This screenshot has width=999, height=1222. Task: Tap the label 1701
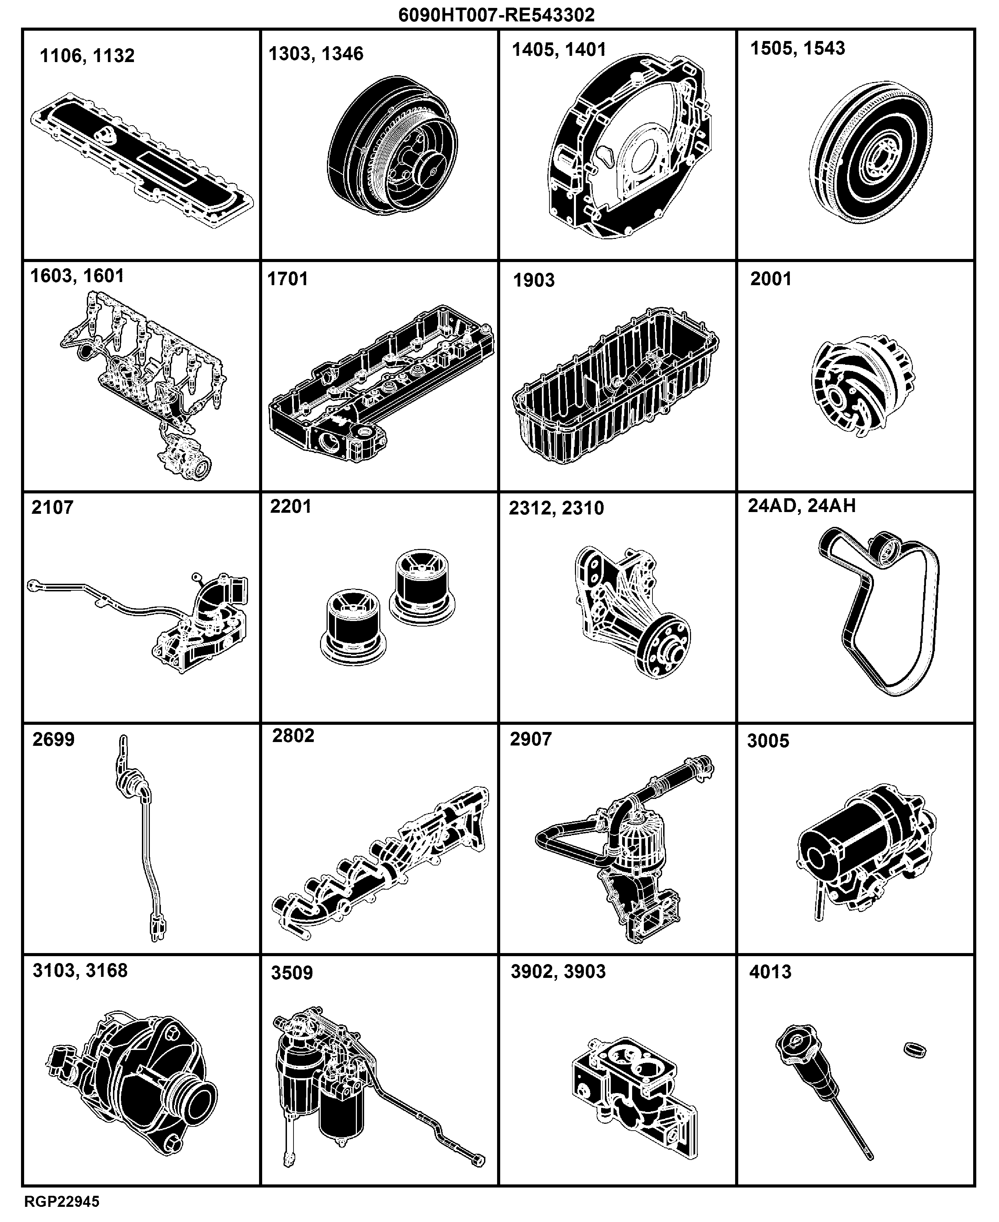click(x=288, y=279)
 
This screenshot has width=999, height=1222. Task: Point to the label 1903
click(x=534, y=280)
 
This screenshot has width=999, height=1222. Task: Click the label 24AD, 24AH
click(x=802, y=505)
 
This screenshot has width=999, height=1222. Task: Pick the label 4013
click(x=770, y=972)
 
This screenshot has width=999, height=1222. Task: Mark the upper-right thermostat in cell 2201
click(x=422, y=588)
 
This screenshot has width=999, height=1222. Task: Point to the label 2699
click(x=53, y=739)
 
